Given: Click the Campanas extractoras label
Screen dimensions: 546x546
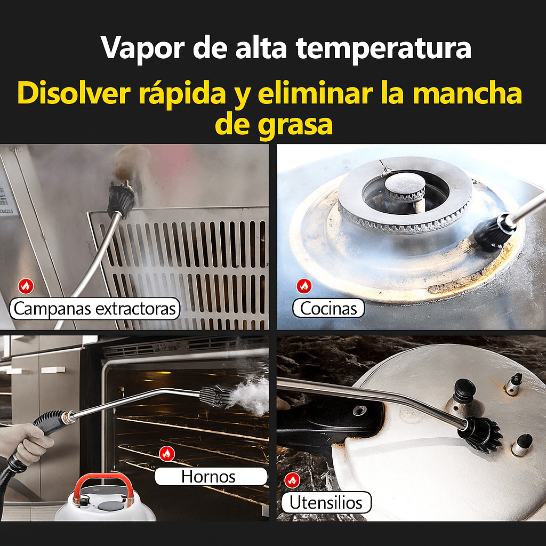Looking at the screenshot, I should (x=95, y=308).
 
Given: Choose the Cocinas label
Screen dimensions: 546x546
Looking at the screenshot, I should (x=328, y=308).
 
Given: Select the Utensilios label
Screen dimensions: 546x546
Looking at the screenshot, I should (x=326, y=502).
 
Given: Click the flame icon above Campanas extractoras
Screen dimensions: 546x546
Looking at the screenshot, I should (x=26, y=286).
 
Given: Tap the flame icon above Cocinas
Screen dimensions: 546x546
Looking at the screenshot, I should (x=304, y=286).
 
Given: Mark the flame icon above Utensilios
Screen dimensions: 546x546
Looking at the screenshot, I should (x=292, y=480).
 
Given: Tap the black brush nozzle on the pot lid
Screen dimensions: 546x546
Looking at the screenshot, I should (x=479, y=433).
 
